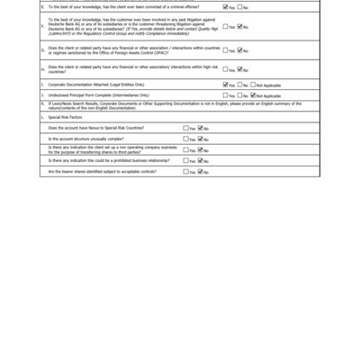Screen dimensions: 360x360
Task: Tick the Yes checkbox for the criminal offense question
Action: click(x=225, y=6)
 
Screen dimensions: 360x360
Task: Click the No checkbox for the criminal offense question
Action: click(x=239, y=6)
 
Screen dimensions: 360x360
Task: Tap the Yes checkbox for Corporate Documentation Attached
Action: click(x=225, y=85)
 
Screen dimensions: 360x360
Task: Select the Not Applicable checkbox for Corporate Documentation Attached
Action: click(x=254, y=85)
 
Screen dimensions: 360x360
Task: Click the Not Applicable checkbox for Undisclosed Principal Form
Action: click(x=254, y=94)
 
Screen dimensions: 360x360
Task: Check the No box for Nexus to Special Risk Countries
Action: click(x=200, y=128)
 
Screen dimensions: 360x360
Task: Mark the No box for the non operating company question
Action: click(x=200, y=149)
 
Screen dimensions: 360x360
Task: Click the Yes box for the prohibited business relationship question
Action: click(x=185, y=160)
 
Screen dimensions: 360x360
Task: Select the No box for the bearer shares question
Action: click(x=200, y=171)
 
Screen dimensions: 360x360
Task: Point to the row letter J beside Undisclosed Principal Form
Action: click(x=43, y=94)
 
